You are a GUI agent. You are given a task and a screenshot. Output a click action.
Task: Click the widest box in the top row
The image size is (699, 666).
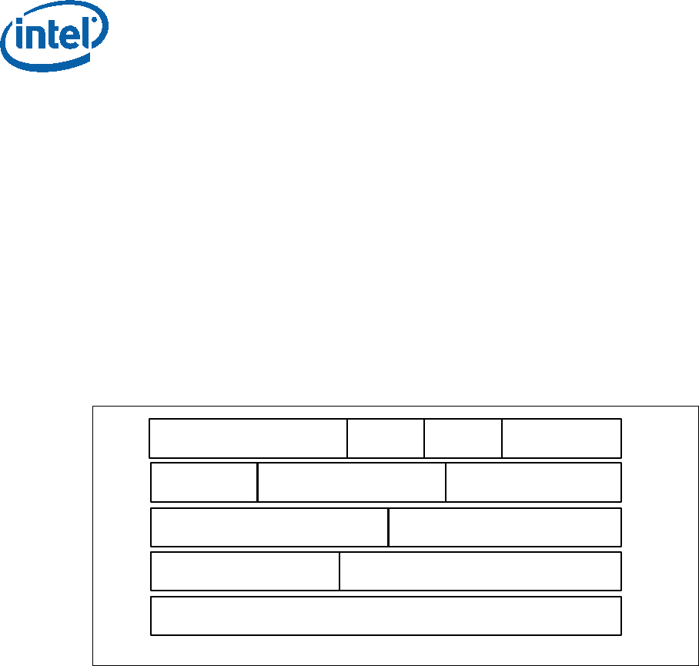pos(248,439)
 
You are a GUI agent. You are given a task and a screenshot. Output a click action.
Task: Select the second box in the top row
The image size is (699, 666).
pos(386,439)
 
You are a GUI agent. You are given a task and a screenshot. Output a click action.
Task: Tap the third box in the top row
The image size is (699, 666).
pos(463,439)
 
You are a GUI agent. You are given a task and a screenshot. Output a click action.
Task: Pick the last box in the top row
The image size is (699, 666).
pos(561,439)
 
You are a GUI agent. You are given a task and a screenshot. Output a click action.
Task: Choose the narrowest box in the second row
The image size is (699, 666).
pos(204,483)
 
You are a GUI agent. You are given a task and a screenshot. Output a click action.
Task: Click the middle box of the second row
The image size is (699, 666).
pos(352,483)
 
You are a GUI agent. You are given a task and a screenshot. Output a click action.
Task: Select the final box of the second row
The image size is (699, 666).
pos(533,483)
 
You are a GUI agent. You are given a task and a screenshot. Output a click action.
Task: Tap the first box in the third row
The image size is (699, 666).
pos(269,527)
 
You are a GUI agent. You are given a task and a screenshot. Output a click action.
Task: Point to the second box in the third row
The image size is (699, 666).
pos(505,527)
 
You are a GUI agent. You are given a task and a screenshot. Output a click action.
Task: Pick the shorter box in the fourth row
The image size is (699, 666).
pos(245,571)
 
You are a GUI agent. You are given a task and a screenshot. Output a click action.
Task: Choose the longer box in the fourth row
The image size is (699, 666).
pos(480,571)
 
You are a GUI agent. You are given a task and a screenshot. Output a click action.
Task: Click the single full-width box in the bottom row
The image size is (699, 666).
pos(386,616)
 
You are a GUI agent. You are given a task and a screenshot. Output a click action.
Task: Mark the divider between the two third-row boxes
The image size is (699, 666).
pos(388,527)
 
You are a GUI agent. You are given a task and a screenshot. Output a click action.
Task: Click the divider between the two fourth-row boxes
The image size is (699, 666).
pos(339,571)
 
